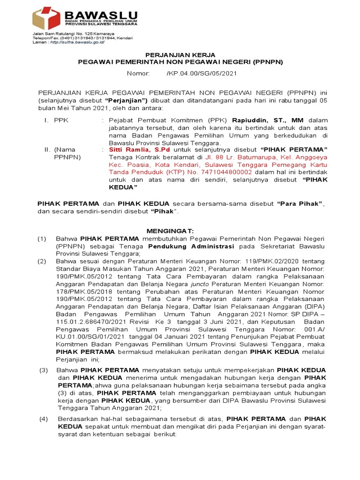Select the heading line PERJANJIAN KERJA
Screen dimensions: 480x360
click(180, 55)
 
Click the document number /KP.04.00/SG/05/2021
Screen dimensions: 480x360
click(202, 74)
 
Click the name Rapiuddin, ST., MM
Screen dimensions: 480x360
click(264, 120)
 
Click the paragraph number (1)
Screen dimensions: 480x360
click(42, 239)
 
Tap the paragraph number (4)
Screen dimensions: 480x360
click(43, 419)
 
